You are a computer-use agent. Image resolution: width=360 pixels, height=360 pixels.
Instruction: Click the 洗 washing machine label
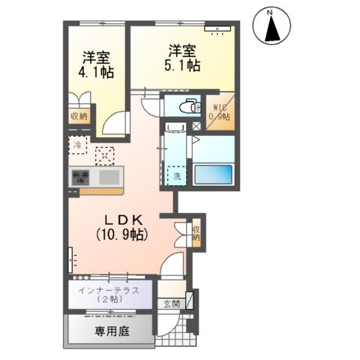[178, 177]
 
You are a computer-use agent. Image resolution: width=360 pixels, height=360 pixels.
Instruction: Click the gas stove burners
[81, 178]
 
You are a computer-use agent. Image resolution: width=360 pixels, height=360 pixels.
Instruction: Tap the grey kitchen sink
[109, 178]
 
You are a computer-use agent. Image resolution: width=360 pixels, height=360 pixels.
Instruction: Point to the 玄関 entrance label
[171, 304]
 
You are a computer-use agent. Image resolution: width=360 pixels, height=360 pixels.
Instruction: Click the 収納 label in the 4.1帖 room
[79, 115]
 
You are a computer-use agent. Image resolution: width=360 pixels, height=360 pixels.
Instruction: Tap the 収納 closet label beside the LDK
[196, 233]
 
